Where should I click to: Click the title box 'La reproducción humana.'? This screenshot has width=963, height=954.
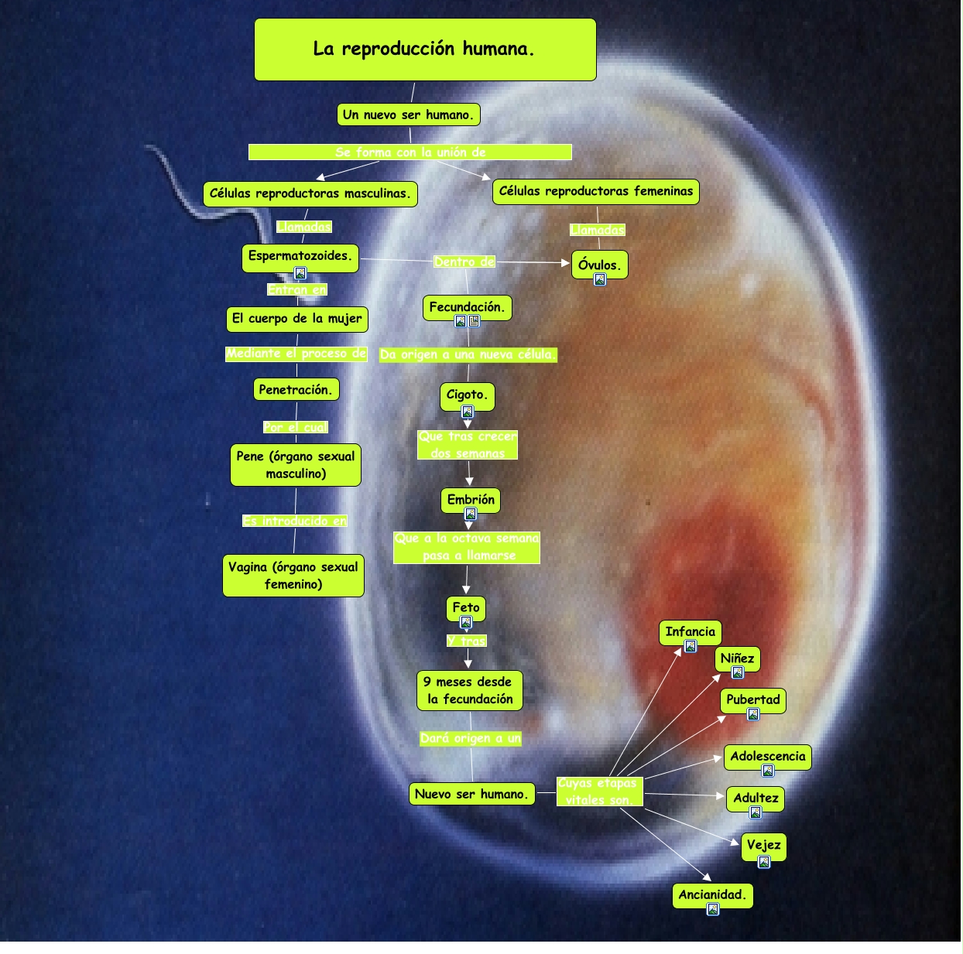425,50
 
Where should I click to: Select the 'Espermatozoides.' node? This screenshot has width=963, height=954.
300,256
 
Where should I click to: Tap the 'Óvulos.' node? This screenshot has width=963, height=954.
599,264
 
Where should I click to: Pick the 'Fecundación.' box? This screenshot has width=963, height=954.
467,307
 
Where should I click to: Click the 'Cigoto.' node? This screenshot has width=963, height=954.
467,395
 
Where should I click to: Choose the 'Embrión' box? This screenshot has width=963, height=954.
471,500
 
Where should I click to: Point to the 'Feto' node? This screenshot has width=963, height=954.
466,607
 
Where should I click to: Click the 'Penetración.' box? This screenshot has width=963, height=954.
296,389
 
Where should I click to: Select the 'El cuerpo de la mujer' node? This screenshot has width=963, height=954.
297,319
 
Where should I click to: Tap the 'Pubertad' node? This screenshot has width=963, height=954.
753,699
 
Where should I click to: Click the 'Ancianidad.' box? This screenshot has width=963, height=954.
712,895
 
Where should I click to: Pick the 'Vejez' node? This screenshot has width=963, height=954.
764,845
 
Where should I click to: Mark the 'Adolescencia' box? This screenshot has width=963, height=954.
768,757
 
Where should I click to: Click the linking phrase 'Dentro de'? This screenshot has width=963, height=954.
464,262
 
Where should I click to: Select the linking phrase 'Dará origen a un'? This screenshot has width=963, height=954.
471,738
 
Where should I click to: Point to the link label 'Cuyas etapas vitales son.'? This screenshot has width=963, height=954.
599,792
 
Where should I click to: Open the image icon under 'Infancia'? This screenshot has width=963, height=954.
691,647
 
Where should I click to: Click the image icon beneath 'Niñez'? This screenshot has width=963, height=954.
738,673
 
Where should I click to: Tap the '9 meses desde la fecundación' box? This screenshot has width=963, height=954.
469,690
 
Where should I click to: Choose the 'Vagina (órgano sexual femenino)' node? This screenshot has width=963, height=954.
293,576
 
